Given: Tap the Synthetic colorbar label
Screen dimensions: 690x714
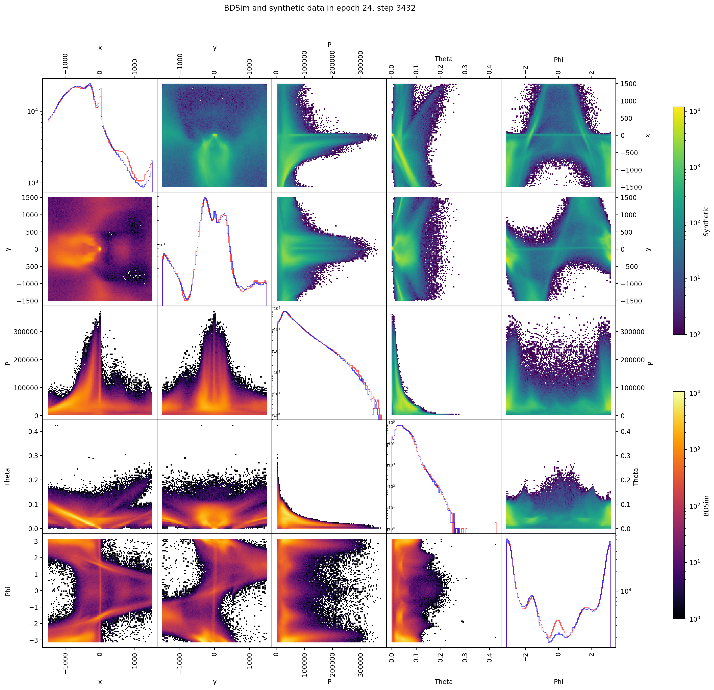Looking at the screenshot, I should click(x=706, y=221).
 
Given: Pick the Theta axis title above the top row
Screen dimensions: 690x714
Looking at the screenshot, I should click(x=443, y=59).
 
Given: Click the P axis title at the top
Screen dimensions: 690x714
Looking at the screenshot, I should click(x=329, y=45).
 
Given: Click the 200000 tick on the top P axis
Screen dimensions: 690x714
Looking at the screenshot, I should click(x=332, y=63).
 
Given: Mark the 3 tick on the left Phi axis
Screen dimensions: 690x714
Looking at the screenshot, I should click(x=36, y=541).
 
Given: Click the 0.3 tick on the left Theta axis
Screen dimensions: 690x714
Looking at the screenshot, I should click(x=34, y=456).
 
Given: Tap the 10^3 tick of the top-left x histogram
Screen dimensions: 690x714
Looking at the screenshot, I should click(x=33, y=183).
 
